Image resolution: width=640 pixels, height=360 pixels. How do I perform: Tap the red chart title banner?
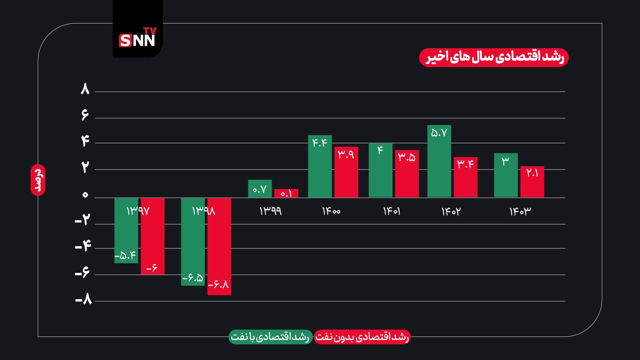coord(494,57)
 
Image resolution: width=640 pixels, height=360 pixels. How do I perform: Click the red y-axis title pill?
coord(38,180)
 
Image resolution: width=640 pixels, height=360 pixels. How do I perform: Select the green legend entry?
coord(270,337)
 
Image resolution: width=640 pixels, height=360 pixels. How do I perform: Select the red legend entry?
coord(362,337)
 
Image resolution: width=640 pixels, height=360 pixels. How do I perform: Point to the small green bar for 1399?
coord(260,189)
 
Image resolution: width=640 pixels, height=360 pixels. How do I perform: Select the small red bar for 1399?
coord(286,193)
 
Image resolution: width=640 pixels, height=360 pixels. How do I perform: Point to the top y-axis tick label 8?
coord(85,89)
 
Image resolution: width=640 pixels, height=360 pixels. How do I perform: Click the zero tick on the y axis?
coord(85,195)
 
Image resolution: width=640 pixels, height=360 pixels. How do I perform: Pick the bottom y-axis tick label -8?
coord(84,300)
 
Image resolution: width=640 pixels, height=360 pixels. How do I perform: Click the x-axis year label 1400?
coord(331,211)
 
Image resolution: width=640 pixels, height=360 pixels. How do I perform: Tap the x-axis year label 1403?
coord(520,211)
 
